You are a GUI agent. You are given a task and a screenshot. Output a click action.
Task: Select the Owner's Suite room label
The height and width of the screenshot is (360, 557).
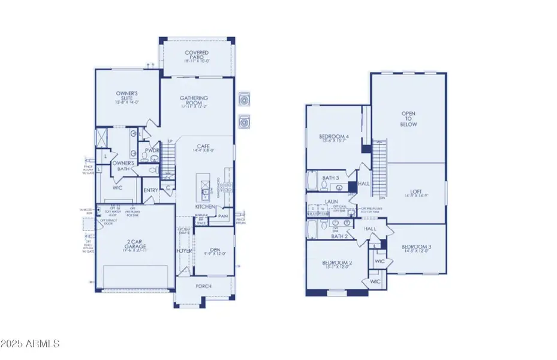127,97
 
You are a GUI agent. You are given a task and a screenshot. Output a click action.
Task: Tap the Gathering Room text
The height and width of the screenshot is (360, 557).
194,101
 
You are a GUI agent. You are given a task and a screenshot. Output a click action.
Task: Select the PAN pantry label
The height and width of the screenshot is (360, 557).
223,216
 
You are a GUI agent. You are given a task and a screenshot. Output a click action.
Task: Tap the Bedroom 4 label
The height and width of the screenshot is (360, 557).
334,137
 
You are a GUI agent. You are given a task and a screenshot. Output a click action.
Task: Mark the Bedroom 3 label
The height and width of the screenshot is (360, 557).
417,247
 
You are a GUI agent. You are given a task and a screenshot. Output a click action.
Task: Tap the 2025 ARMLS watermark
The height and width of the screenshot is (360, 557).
31,344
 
